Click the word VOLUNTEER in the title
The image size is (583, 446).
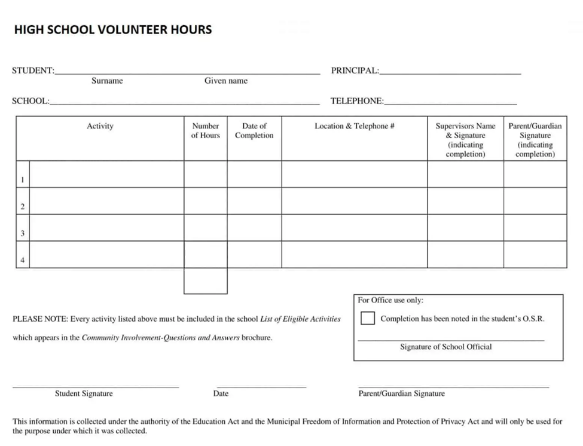coord(132,30)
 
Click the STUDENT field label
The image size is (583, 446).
coord(33,71)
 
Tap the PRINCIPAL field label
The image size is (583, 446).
coord(355,71)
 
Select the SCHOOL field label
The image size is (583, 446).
coord(30,101)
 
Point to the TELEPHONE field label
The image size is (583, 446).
coord(357,101)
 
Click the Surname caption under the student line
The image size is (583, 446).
coord(107,81)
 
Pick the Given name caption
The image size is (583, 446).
coord(225,81)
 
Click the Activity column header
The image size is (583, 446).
coord(100,126)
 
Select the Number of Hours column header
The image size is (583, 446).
coord(205,131)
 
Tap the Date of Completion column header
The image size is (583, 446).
coord(254,131)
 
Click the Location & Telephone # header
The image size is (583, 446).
coord(354,126)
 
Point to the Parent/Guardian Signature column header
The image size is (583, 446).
coord(535,140)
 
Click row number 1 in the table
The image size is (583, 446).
coord(23,179)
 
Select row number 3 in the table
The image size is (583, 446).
coord(23,234)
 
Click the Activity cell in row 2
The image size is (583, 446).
coord(106,201)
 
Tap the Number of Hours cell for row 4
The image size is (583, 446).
coord(205,255)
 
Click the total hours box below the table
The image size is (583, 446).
coord(205,281)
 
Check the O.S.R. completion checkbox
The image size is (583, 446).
coord(368,319)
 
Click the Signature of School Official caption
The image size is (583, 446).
coord(445,347)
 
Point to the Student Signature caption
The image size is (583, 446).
coord(84,393)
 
